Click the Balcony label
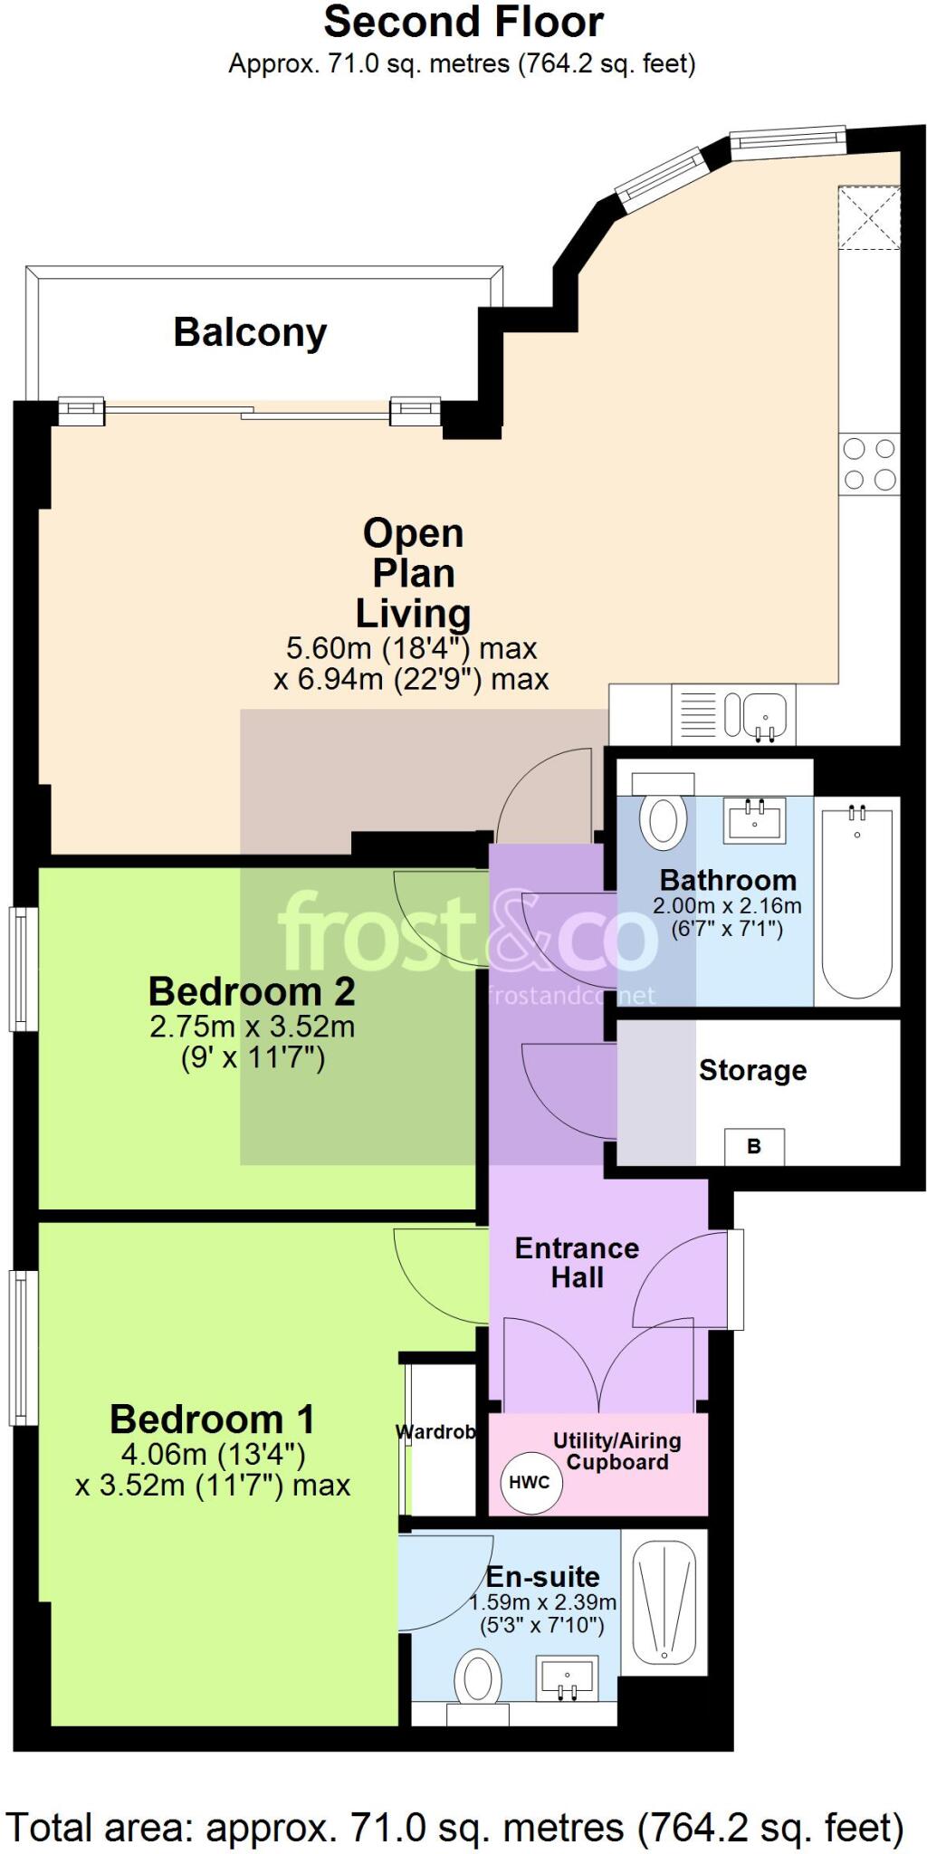[x=250, y=332]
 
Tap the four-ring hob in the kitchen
[x=869, y=463]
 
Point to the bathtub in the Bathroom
[x=856, y=902]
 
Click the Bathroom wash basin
[x=754, y=819]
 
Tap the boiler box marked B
[x=754, y=1147]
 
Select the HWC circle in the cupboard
[x=530, y=1482]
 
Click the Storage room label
[x=752, y=1070]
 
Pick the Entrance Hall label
[x=577, y=1263]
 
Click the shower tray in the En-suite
[x=664, y=1603]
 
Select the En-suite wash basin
[x=568, y=1677]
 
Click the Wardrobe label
[x=436, y=1432]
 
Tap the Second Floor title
[x=463, y=23]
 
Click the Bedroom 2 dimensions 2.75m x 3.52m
[x=253, y=1027]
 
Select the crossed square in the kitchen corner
[x=869, y=217]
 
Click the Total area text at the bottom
[x=455, y=1828]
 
